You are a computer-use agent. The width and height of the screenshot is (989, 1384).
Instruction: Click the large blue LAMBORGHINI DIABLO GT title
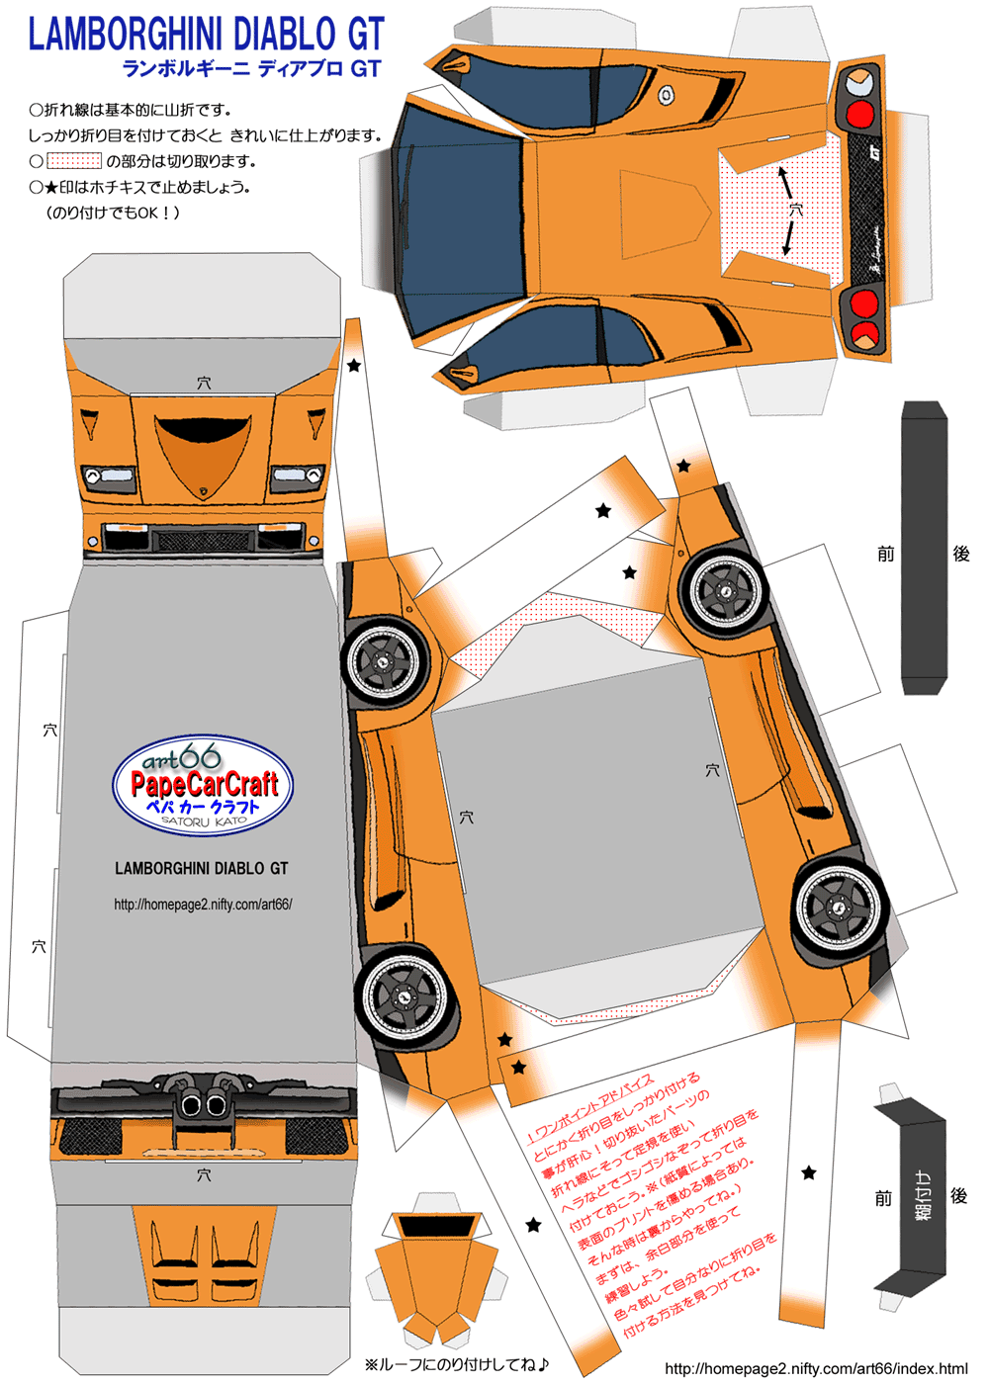pos(206,35)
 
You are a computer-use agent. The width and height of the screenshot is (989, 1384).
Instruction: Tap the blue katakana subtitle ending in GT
pos(251,69)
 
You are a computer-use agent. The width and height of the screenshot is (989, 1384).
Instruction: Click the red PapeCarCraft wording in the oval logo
pos(205,785)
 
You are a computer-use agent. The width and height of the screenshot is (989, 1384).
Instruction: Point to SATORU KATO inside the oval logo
pos(204,821)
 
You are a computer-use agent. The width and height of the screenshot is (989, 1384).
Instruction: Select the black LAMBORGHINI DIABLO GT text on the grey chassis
pos(202,869)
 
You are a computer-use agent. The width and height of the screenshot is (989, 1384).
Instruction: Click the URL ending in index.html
pos(816,1368)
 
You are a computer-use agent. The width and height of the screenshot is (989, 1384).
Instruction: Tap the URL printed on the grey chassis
pos(203,904)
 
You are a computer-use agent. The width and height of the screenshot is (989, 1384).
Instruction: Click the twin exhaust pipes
pos(204,1105)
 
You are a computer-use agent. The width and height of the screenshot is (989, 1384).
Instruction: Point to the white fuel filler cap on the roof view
pos(667,96)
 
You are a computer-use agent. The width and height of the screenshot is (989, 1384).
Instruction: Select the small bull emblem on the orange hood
pos(203,490)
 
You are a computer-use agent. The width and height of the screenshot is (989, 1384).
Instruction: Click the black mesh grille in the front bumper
pos(203,541)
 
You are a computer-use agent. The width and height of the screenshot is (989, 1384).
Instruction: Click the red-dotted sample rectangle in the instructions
pos(74,160)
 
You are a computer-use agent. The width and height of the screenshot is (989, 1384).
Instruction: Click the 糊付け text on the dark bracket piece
pos(923,1195)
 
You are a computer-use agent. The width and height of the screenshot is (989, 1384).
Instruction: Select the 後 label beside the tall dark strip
pos(960,554)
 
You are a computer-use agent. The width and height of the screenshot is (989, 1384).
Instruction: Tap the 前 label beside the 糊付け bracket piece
pos(883,1198)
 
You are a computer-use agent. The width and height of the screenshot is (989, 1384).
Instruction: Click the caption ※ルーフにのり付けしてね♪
pos(456,1365)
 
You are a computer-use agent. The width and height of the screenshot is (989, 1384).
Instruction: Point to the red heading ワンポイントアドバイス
pos(590,1105)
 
